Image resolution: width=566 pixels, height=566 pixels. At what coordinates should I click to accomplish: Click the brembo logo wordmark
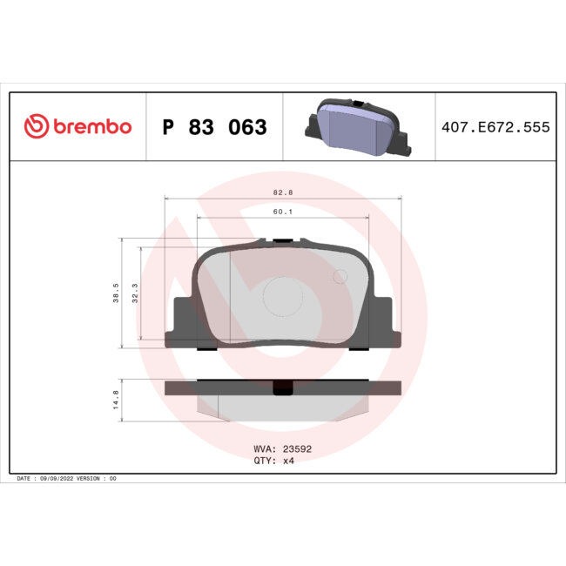coord(92,127)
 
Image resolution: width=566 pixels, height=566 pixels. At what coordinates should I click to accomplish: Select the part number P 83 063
coord(215,128)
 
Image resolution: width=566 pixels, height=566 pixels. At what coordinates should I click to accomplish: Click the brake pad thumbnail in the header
coord(356,127)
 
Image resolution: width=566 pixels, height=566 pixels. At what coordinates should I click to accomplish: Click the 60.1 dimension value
coord(282,210)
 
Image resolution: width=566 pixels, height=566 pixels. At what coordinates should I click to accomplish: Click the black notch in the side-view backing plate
coord(283,389)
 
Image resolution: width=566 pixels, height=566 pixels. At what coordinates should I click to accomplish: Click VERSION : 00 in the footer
coord(100,479)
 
